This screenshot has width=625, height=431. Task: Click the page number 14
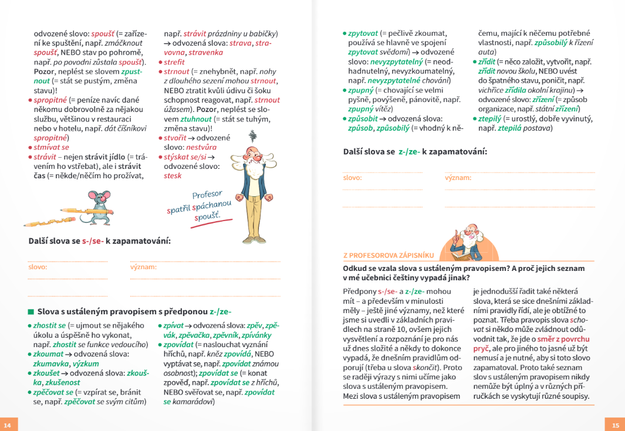[7, 425]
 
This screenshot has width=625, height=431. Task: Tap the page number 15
[615, 425]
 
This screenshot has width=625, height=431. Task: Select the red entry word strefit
[174, 62]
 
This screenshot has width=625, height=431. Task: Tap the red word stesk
[173, 175]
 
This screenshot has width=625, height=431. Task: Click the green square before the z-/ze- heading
[31, 311]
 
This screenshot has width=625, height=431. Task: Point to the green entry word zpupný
[361, 90]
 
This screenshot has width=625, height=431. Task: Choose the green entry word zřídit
[487, 62]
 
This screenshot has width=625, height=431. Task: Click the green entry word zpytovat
[363, 33]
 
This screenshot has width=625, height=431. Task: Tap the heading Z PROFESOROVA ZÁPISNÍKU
[388, 255]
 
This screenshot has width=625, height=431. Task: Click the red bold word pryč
[481, 348]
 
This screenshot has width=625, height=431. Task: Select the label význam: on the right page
[458, 177]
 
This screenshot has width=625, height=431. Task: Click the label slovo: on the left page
[38, 267]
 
